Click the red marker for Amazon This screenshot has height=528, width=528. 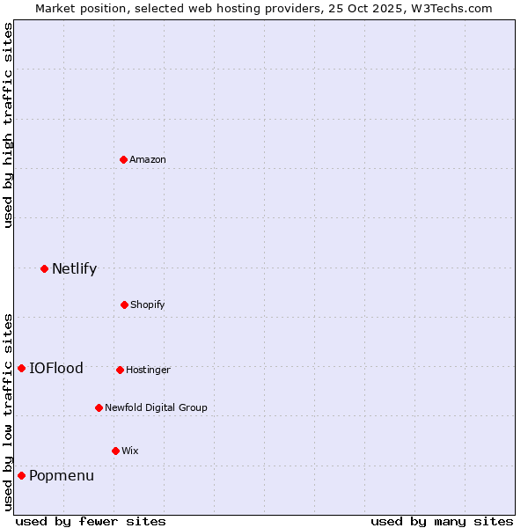pyautogui.click(x=124, y=159)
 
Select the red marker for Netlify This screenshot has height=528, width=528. pyautogui.click(x=44, y=268)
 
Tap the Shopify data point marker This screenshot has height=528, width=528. pyautogui.click(x=124, y=304)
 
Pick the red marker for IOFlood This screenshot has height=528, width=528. pyautogui.click(x=21, y=368)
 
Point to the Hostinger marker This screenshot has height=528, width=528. pyautogui.click(x=120, y=370)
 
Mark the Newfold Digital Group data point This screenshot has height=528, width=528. pyautogui.click(x=99, y=407)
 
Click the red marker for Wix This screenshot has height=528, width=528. pyautogui.click(x=115, y=451)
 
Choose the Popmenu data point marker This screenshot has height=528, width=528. pyautogui.click(x=21, y=475)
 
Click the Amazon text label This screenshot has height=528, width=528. pyautogui.click(x=148, y=159)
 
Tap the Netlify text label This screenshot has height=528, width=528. pyautogui.click(x=74, y=268)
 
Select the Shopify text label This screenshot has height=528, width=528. pyautogui.click(x=148, y=304)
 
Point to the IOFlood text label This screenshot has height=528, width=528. pyautogui.click(x=56, y=368)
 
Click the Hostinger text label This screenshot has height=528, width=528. pyautogui.click(x=148, y=370)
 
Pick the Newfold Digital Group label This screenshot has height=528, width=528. pyautogui.click(x=156, y=407)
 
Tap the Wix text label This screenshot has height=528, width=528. pyautogui.click(x=130, y=451)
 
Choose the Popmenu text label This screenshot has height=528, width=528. pyautogui.click(x=62, y=476)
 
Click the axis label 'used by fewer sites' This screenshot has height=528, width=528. pyautogui.click(x=91, y=521)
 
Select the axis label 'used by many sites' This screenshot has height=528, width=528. pyautogui.click(x=442, y=521)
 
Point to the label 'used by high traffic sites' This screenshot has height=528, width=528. pyautogui.click(x=8, y=125)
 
